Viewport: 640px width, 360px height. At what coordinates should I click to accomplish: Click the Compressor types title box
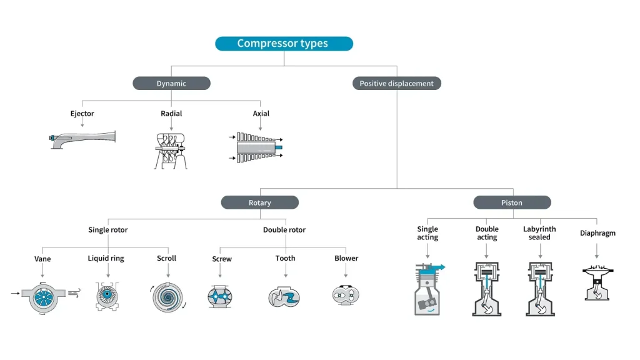coord(284,44)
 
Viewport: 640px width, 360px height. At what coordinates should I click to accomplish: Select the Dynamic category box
coord(171,83)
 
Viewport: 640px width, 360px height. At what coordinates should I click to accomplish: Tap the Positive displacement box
coord(396,83)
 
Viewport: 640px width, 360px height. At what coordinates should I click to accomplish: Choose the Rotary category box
coord(259,202)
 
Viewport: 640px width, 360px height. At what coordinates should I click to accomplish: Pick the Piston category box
coord(512,202)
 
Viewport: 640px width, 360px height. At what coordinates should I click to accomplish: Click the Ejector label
coord(82,114)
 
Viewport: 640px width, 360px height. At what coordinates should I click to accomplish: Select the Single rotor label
coord(107,230)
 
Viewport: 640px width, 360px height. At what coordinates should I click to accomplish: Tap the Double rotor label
coord(284,230)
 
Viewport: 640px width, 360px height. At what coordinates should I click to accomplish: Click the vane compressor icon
coord(42,293)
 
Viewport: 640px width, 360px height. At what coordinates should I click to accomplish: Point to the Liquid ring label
coord(106,258)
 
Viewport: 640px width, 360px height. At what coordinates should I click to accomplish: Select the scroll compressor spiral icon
coord(167,296)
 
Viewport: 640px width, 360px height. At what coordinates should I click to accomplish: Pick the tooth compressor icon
coord(285,296)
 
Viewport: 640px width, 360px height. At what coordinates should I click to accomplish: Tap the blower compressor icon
coord(346,294)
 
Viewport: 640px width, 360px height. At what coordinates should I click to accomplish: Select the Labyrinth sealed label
coord(539,233)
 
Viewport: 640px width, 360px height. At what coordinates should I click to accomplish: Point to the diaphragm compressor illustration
coord(597,284)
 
